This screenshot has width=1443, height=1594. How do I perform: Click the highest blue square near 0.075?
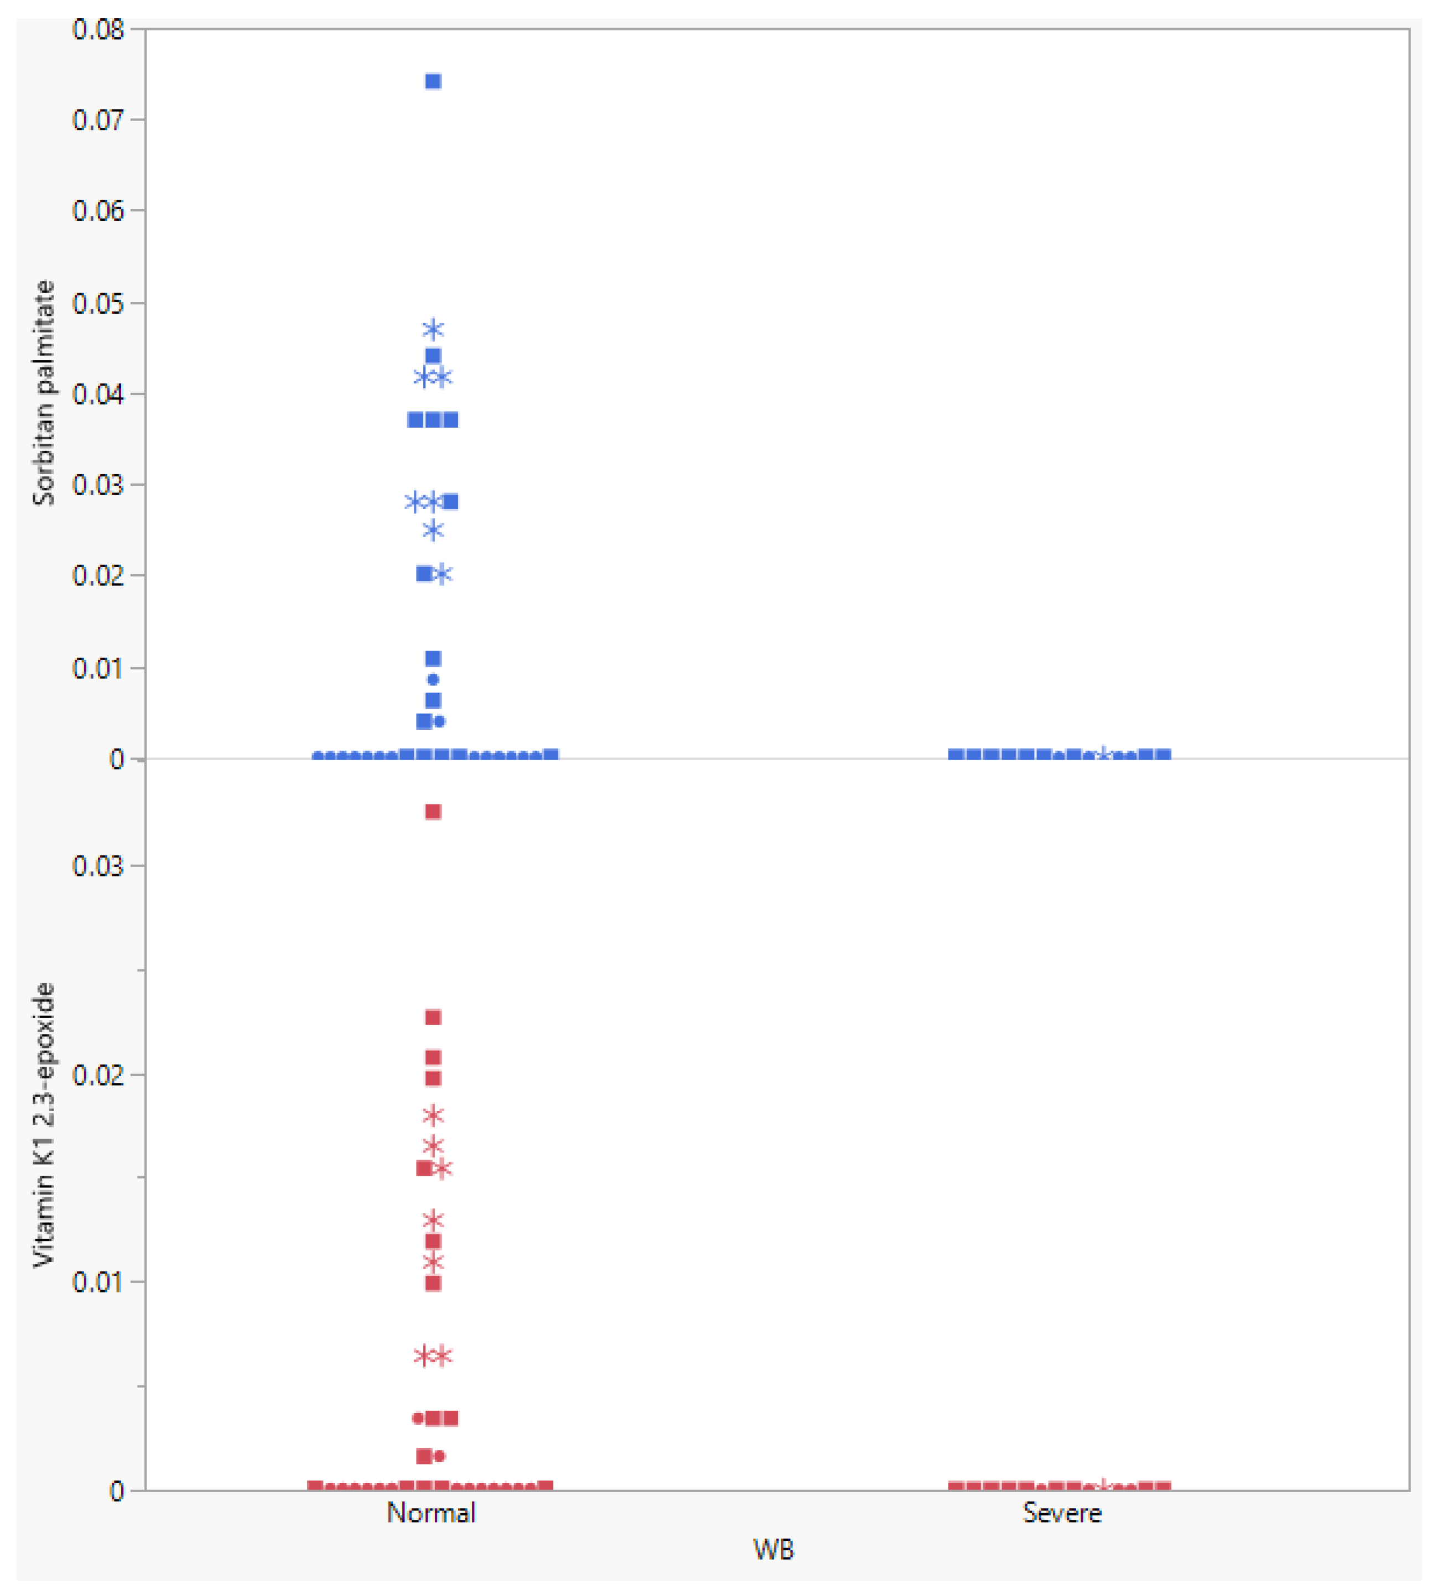pos(433,81)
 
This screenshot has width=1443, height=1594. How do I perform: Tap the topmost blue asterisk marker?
pos(433,329)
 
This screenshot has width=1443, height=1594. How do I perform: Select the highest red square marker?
pos(433,812)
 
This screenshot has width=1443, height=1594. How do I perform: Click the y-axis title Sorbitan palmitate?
pos(44,393)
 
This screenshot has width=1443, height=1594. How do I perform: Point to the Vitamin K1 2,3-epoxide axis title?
pos(44,1124)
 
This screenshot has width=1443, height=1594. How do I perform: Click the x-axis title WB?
pos(772,1549)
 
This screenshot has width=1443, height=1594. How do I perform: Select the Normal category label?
pos(431,1513)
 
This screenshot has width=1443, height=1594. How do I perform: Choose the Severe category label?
pos(1061,1513)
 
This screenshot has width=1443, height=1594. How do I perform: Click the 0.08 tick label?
pos(98,30)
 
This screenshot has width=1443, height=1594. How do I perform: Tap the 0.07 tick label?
pos(98,120)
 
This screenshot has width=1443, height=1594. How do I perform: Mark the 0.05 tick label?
pos(98,303)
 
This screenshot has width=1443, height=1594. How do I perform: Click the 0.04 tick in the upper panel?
pos(98,394)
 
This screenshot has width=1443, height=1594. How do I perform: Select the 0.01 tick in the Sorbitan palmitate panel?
pos(98,668)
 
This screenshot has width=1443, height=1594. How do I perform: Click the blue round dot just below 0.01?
pos(433,679)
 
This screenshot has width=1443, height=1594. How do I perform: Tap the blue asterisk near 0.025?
pos(433,529)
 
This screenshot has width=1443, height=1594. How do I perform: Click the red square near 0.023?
pos(433,1017)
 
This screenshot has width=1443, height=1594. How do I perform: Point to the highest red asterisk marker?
pos(433,1115)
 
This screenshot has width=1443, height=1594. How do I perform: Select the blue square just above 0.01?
pos(433,658)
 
